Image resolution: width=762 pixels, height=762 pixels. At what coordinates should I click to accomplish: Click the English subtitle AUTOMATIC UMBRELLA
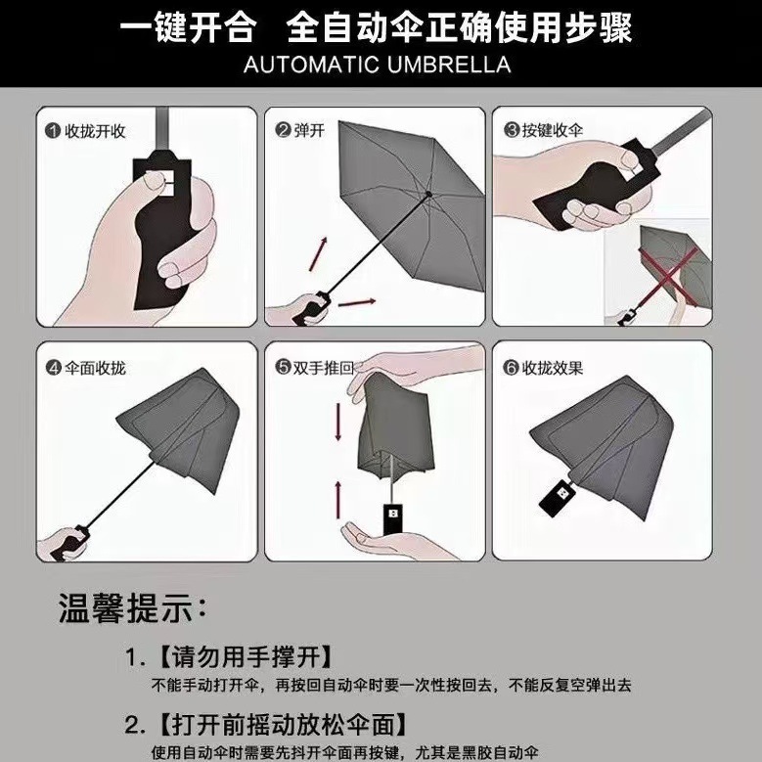click(378, 65)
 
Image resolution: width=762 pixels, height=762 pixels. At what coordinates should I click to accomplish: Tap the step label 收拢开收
click(95, 131)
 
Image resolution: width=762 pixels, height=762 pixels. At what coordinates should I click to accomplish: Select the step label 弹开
click(309, 130)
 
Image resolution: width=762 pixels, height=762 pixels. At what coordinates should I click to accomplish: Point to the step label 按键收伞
click(553, 130)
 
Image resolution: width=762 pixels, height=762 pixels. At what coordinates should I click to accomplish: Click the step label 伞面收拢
click(95, 368)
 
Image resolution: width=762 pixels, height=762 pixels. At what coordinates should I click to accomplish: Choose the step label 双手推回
click(324, 368)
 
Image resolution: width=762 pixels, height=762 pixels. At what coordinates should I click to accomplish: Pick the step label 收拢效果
click(553, 368)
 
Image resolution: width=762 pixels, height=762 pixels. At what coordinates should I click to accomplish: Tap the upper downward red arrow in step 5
click(338, 422)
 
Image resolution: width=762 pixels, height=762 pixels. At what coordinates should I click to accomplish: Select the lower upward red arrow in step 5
click(338, 500)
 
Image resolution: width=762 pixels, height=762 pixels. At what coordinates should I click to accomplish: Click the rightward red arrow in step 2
click(356, 303)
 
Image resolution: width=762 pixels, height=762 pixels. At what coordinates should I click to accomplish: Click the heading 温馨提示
click(132, 607)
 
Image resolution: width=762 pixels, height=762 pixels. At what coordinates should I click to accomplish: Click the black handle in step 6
click(558, 495)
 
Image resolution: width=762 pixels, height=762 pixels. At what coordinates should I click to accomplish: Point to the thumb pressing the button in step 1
click(155, 181)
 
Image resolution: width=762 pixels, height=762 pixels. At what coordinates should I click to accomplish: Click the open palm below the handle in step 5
click(383, 540)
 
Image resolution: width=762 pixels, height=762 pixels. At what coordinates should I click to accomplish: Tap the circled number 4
click(54, 368)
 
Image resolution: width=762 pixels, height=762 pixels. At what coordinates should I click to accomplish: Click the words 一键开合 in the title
click(188, 27)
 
